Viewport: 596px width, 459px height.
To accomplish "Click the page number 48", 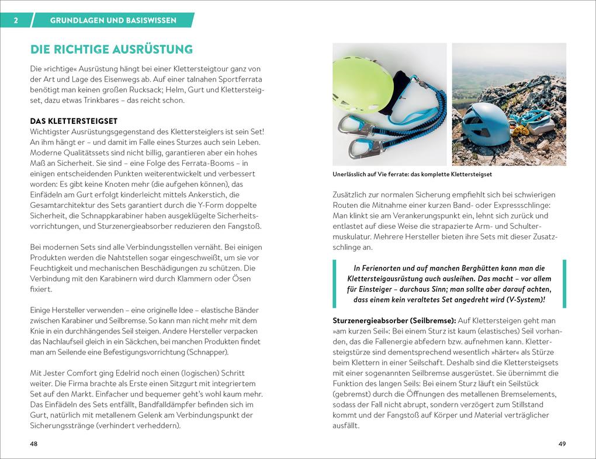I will click(34, 444).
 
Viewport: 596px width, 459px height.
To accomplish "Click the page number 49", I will click(562, 444).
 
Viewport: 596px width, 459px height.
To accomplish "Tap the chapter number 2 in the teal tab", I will click(16, 20).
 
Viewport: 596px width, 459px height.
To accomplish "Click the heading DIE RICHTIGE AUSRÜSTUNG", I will click(111, 49).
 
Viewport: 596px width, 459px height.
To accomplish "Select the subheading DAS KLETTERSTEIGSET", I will click(74, 121).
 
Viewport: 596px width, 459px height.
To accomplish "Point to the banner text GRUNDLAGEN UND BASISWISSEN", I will click(113, 20).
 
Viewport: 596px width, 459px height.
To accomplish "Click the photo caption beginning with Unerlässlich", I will click(411, 174).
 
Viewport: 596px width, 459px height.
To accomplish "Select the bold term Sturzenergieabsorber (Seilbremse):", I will click(394, 321).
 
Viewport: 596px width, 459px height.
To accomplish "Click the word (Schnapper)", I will click(207, 352).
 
